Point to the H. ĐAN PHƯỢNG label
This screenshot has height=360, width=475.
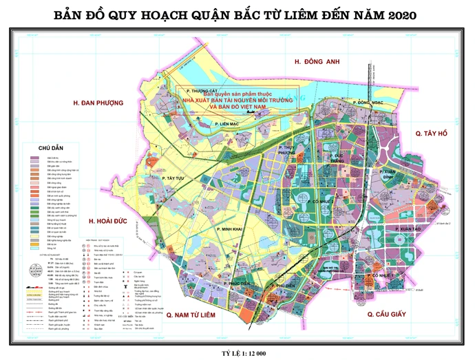[97, 103]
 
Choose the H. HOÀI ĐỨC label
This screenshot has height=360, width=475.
[112, 221]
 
